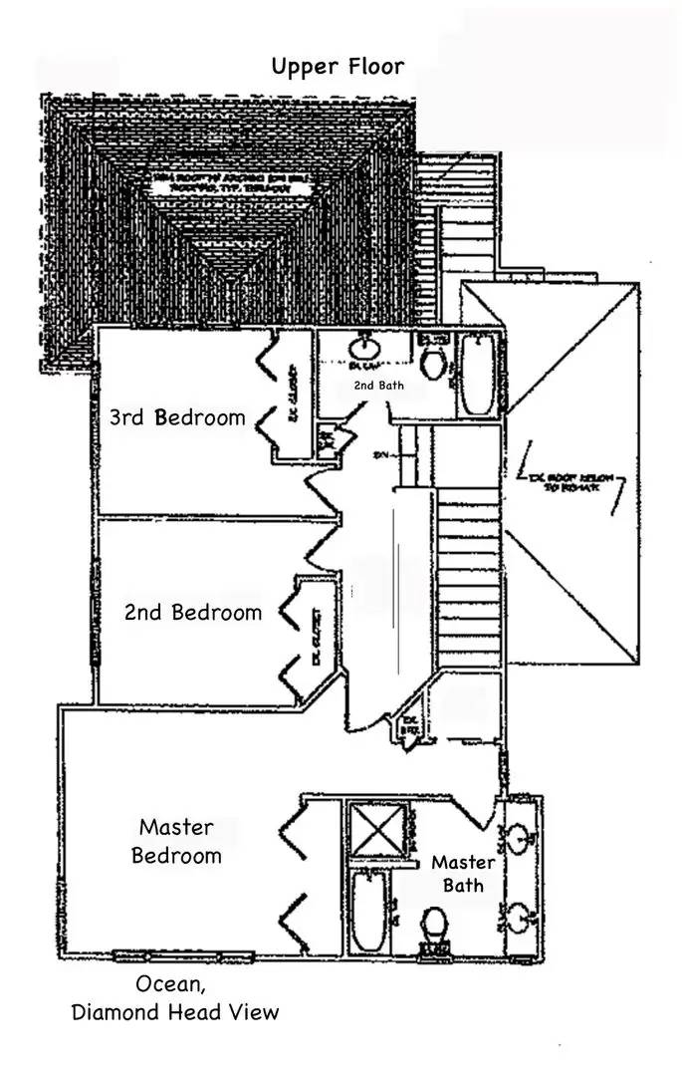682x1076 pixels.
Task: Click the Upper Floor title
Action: [x=338, y=67]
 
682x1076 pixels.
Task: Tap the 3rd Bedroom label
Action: [x=177, y=416]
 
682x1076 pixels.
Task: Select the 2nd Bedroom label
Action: [x=193, y=612]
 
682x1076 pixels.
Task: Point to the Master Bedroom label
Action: [x=177, y=841]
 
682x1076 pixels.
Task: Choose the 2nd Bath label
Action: [x=378, y=384]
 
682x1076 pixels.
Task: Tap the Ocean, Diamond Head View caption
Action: [x=175, y=998]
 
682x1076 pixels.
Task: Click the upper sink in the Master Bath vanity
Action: [x=520, y=839]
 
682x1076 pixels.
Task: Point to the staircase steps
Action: [x=467, y=578]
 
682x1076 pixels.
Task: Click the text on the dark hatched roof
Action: [x=227, y=185]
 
